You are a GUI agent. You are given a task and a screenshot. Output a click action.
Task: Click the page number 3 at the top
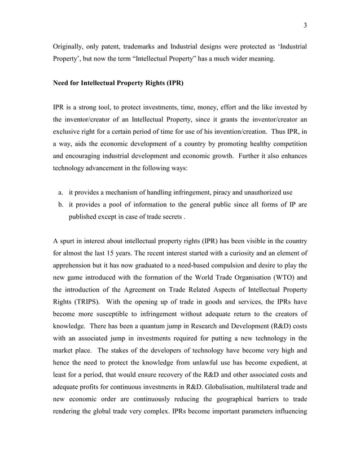click(305, 25)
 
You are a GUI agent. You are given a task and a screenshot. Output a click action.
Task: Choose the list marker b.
click(60, 208)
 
